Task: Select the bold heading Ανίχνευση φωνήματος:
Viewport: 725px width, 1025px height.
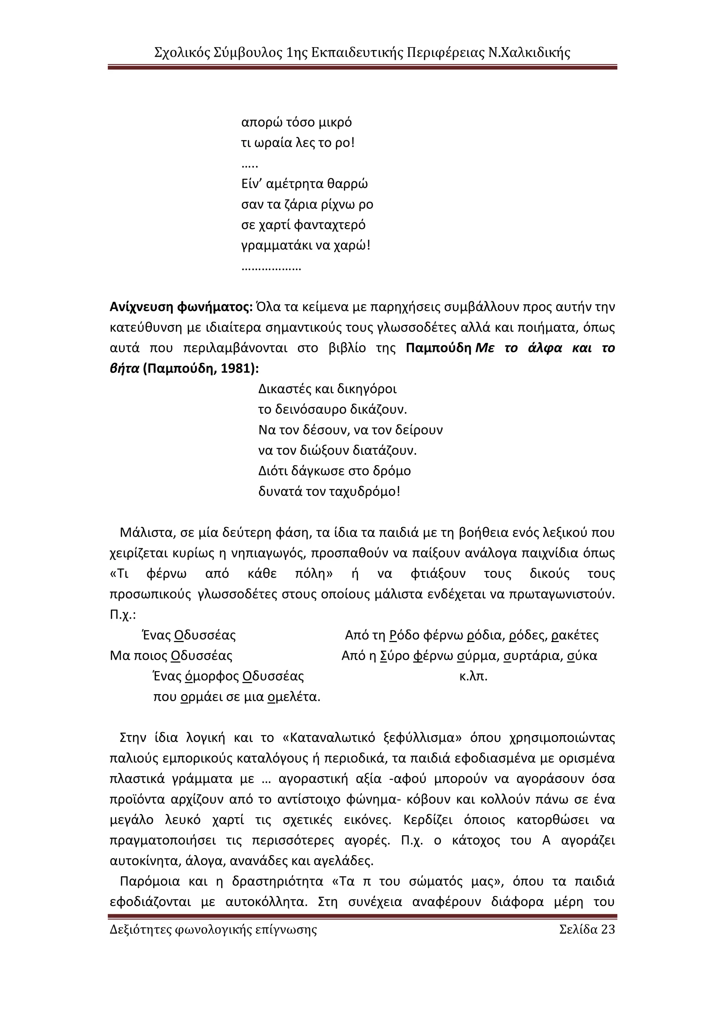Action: [181, 307]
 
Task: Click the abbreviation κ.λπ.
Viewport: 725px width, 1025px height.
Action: [473, 676]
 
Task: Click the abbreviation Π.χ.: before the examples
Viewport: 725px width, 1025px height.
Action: [123, 615]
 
